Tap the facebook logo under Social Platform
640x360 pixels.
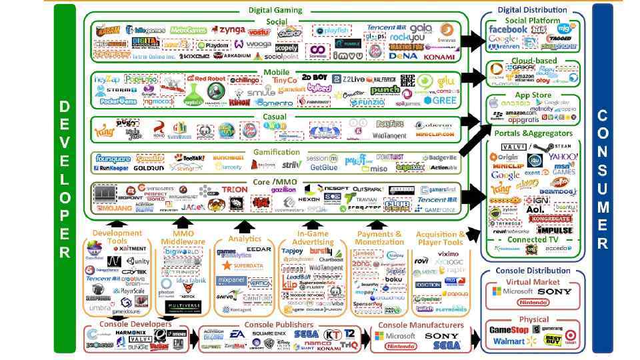pyautogui.click(x=508, y=29)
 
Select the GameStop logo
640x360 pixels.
pyautogui.click(x=509, y=329)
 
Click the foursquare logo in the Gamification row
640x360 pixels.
pyautogui.click(x=113, y=159)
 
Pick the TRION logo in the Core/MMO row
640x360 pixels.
pyautogui.click(x=235, y=190)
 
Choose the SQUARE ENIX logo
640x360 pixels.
pyautogui.click(x=269, y=333)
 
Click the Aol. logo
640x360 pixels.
pyautogui.click(x=535, y=209)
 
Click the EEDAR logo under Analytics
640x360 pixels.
pyautogui.click(x=259, y=249)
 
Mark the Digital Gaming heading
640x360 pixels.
pyautogui.click(x=275, y=10)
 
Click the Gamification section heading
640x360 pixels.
pyautogui.click(x=276, y=152)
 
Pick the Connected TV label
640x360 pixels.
pyautogui.click(x=533, y=239)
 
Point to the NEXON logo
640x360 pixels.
pyautogui.click(x=309, y=199)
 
